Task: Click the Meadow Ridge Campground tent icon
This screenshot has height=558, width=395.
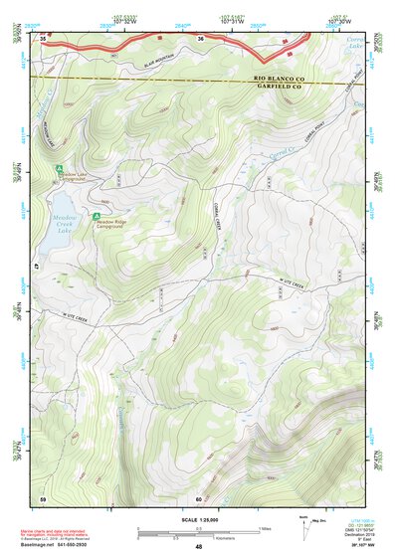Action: [x=97, y=216]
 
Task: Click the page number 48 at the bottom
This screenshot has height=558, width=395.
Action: [x=199, y=547]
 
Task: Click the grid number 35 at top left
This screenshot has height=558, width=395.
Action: [x=45, y=38]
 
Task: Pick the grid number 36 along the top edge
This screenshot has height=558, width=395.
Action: [x=199, y=39]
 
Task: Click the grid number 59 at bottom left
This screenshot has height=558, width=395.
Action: [x=44, y=497]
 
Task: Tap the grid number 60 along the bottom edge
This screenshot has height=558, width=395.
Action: [x=199, y=498]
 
